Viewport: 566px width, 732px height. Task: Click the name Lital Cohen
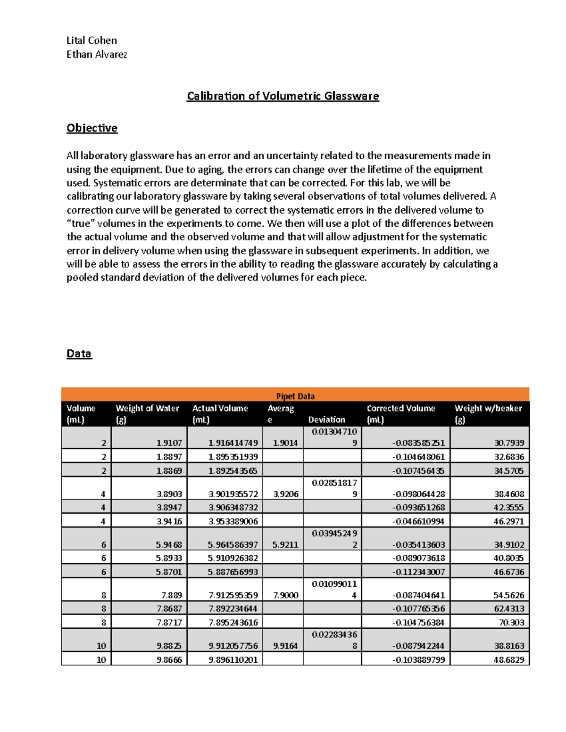click(x=92, y=41)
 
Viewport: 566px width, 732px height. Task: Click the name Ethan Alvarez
click(x=97, y=55)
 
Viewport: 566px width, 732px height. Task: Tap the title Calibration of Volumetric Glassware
click(x=283, y=96)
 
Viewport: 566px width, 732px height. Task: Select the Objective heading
click(x=92, y=128)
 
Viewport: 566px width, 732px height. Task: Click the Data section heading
click(x=79, y=354)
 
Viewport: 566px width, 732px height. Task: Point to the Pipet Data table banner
click(x=295, y=396)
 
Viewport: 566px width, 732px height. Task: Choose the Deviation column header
click(x=326, y=419)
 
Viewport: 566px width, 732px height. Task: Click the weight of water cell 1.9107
click(x=169, y=443)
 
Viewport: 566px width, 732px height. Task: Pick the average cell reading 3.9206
click(x=285, y=494)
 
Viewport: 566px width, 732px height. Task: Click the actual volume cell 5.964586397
click(x=233, y=544)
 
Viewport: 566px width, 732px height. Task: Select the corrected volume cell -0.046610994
click(x=418, y=521)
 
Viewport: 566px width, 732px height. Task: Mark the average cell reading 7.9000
click(x=285, y=595)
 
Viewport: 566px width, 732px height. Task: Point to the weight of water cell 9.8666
click(x=169, y=659)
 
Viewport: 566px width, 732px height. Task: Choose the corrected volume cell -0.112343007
click(x=418, y=572)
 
